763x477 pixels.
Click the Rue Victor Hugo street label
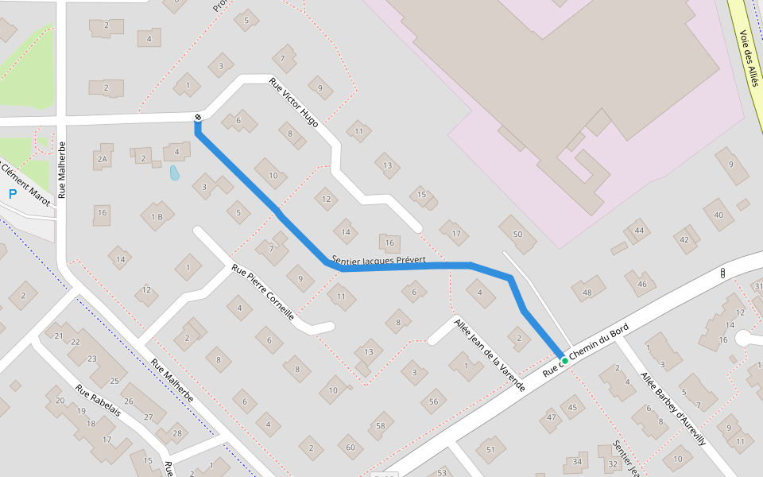[294, 102]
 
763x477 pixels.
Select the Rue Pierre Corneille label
[263, 292]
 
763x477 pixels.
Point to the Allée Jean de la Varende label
[490, 354]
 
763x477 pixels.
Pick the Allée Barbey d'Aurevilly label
[672, 408]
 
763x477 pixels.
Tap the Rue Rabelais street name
[98, 401]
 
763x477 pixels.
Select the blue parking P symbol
[13, 193]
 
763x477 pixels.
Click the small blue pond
[175, 173]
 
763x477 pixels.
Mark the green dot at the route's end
[565, 361]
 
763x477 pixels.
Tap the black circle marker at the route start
[197, 118]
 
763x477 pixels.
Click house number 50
[517, 234]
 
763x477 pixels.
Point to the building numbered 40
[718, 215]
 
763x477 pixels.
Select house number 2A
[102, 160]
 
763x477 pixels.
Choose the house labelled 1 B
[157, 216]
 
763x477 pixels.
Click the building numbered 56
[433, 401]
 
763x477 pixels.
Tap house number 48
[587, 293]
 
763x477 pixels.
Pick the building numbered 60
[350, 448]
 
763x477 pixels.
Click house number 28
[176, 433]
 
